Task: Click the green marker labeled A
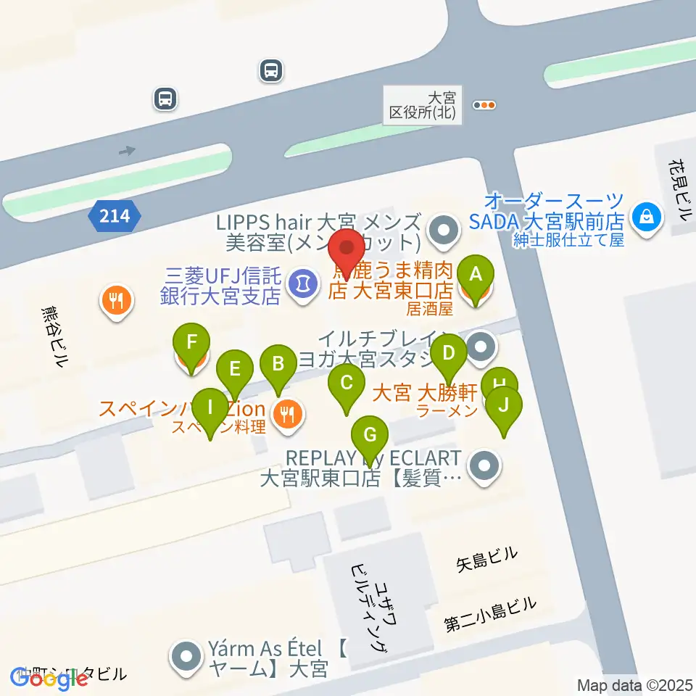(x=476, y=275)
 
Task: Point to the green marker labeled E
(x=234, y=369)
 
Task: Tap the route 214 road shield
(x=115, y=215)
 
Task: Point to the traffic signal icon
(x=484, y=105)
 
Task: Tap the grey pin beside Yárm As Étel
(x=186, y=657)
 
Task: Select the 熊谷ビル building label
(x=54, y=338)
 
